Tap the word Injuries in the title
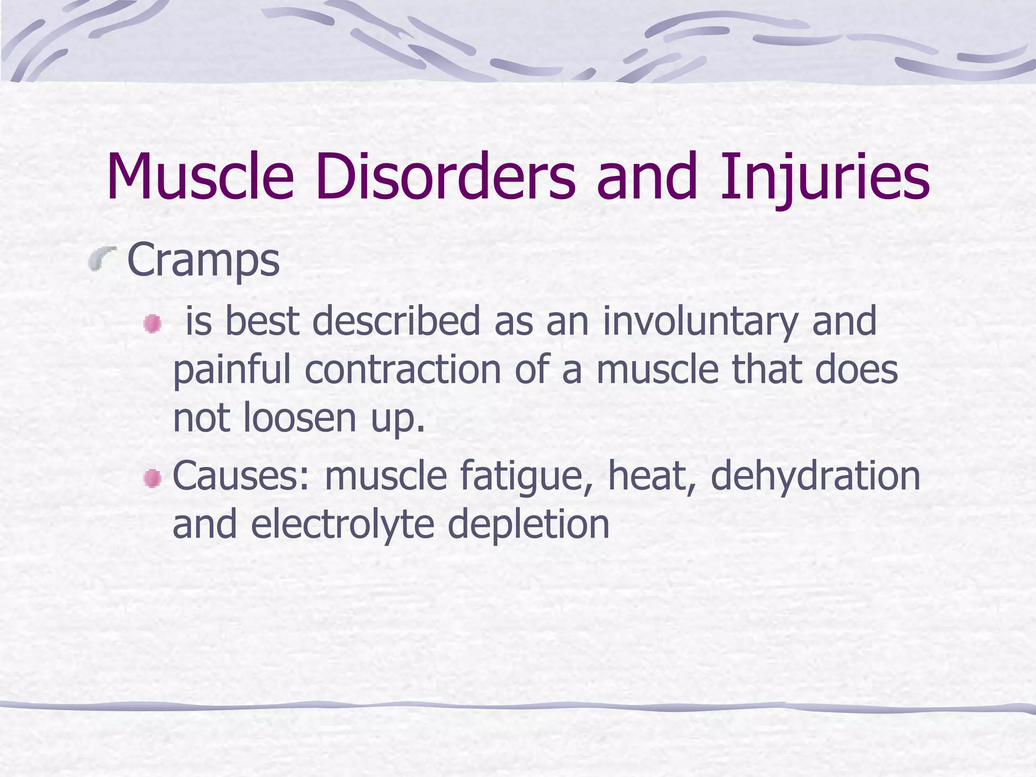pyautogui.click(x=825, y=177)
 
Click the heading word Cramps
pyautogui.click(x=203, y=261)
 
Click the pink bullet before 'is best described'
pyautogui.click(x=152, y=324)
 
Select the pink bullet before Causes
pyautogui.click(x=152, y=478)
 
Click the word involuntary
pyautogui.click(x=700, y=322)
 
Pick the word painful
pyautogui.click(x=232, y=370)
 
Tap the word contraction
pyautogui.click(x=403, y=369)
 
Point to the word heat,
pyautogui.click(x=652, y=476)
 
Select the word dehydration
pyautogui.click(x=815, y=476)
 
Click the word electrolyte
pyautogui.click(x=342, y=525)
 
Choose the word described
pyautogui.click(x=396, y=322)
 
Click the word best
pyautogui.click(x=262, y=322)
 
